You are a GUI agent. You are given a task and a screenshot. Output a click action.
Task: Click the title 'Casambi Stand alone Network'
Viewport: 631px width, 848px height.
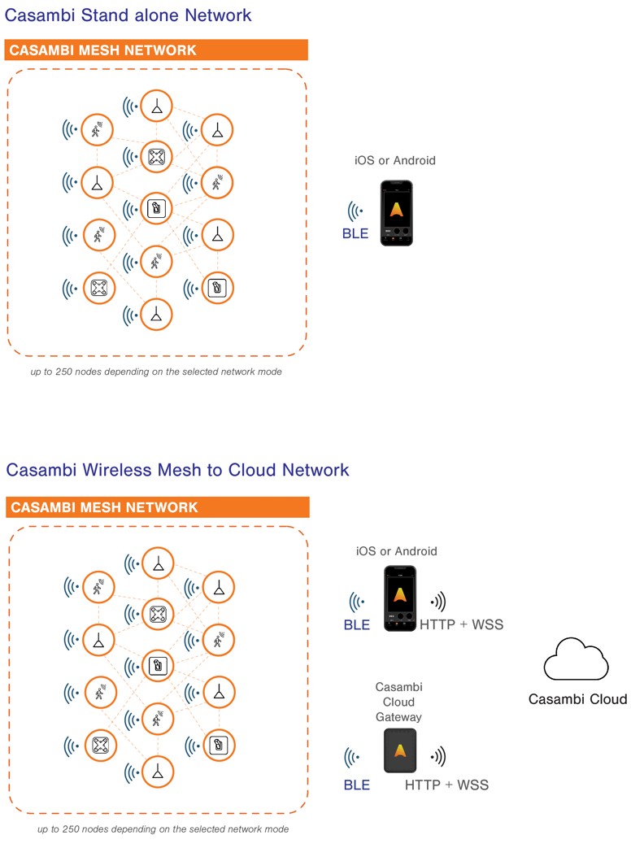pos(128,15)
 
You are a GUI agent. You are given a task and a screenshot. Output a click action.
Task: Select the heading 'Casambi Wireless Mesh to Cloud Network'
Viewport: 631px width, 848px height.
pos(177,470)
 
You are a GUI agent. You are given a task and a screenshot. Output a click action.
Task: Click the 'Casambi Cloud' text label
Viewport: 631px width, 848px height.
pos(577,699)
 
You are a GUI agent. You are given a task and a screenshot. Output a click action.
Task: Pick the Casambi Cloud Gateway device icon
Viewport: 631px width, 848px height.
pos(399,750)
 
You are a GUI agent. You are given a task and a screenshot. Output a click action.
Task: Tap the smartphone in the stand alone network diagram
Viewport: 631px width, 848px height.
pos(397,212)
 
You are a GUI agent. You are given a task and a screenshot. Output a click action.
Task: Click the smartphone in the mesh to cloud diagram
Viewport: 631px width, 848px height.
pos(399,598)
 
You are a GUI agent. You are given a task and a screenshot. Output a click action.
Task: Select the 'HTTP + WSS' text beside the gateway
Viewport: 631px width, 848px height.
pos(446,785)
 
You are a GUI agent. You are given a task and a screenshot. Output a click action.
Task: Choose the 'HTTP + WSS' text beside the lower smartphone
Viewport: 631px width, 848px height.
pos(461,625)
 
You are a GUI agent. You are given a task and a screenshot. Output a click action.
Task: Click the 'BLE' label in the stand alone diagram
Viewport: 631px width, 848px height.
pos(355,234)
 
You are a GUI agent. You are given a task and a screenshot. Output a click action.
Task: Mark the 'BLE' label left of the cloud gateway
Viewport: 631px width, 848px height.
pos(356,785)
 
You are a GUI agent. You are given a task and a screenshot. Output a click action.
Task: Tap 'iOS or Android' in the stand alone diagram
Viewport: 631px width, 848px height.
pos(395,160)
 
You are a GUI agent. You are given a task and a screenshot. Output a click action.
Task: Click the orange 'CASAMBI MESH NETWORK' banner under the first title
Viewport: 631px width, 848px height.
pos(156,50)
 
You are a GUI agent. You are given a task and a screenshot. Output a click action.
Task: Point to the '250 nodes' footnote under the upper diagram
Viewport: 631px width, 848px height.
pos(156,372)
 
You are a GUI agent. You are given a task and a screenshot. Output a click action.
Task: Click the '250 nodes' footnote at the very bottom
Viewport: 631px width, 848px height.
pos(163,829)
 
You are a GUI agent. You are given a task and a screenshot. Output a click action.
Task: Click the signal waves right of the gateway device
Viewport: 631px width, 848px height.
pos(439,757)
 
